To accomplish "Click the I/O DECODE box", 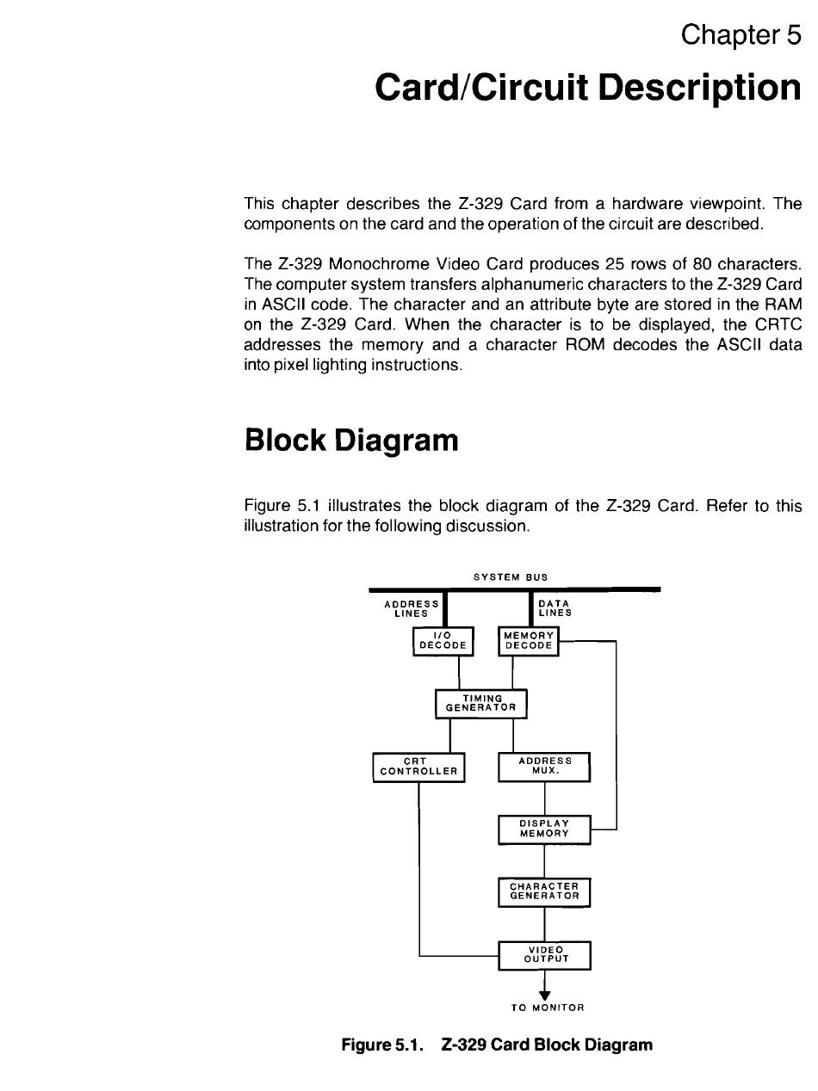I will pos(443,640).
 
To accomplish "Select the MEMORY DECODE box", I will pos(529,640).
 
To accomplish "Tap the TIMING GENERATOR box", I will pos(480,703).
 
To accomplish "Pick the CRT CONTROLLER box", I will pos(418,766).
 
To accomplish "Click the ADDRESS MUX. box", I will pos(544,766).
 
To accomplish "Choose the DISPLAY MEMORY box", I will pos(544,829).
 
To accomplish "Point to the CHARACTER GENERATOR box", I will pos(544,891).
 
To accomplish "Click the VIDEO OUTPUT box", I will pos(544,954).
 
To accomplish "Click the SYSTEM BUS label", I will pos(511,576).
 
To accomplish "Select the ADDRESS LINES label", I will pos(411,608).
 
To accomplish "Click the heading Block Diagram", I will pos(351,441).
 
